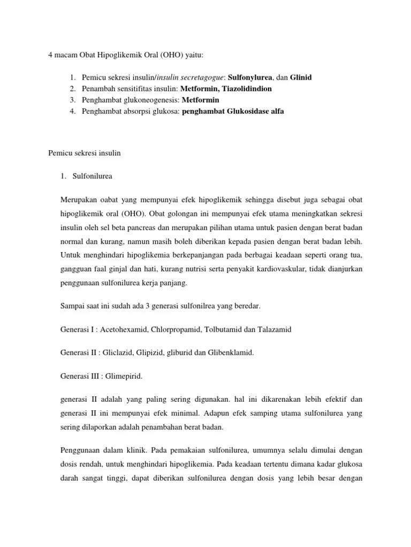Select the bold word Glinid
point(301,77)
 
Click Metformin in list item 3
point(201,100)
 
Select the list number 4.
point(73,111)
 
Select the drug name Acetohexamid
point(120,330)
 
